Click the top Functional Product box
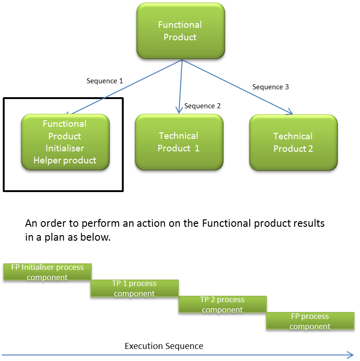tap(180, 31)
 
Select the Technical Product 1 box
tap(179, 142)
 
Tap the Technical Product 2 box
tap(293, 143)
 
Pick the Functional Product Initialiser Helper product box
tap(65, 142)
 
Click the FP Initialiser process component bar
tap(47, 272)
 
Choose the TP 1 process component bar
tap(134, 288)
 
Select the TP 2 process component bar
tap(222, 304)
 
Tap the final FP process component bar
tap(310, 321)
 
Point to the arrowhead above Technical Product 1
tap(179, 110)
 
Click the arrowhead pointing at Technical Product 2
tap(290, 111)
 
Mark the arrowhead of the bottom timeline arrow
tap(350, 355)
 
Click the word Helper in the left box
tap(46, 161)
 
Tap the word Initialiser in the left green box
tap(65, 149)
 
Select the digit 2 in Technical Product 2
tap(310, 149)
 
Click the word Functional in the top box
tap(180, 25)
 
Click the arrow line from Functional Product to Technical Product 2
tap(236, 86)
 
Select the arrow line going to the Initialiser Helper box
tap(125, 87)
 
